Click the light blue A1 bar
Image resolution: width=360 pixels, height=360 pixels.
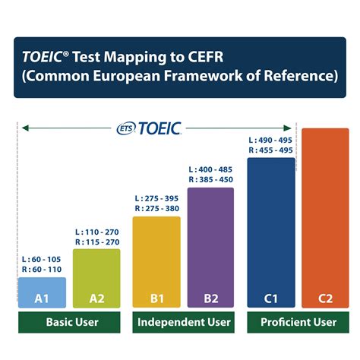[x=42, y=292]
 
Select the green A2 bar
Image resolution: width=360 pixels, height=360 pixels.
[x=96, y=278]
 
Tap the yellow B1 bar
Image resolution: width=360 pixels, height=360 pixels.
[x=156, y=262]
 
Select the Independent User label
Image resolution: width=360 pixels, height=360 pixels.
[x=184, y=323]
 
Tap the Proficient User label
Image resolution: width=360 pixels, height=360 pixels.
[x=298, y=323]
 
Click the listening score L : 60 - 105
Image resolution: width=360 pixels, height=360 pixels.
[x=42, y=259]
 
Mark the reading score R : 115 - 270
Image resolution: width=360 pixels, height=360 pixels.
[x=96, y=242]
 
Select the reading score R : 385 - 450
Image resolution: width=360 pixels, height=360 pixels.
[x=210, y=180]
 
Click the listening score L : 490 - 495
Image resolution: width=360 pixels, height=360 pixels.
[x=270, y=140]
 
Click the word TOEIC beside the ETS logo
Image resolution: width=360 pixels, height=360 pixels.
[x=159, y=128]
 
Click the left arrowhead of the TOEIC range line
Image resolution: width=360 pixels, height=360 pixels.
[x=24, y=128]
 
